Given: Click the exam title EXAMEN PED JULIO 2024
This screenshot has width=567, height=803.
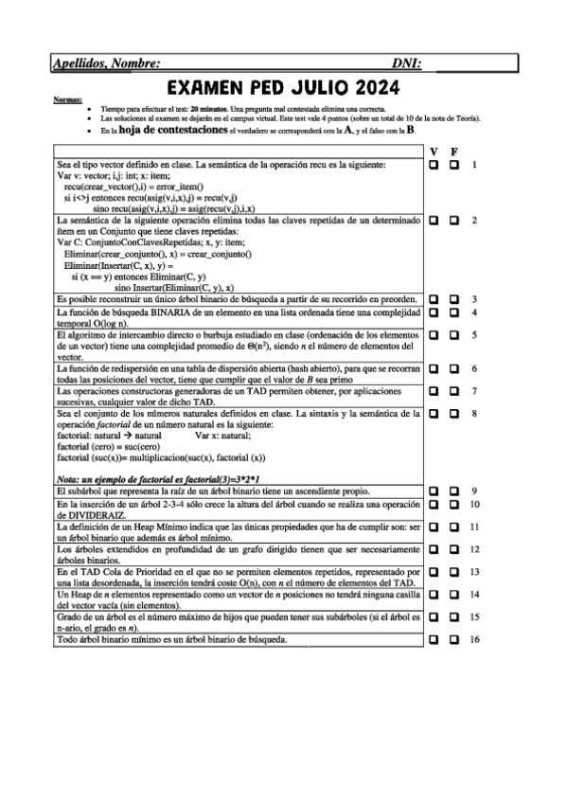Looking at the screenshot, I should (x=283, y=88).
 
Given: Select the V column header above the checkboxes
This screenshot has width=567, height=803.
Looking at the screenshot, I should (x=434, y=152).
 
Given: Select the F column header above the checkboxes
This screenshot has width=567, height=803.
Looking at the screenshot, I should (x=454, y=152).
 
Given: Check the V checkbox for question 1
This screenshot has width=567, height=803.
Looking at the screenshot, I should (x=434, y=166).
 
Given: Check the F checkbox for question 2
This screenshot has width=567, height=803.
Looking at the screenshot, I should (x=454, y=220).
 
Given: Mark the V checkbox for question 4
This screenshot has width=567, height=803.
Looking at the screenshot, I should (x=434, y=312).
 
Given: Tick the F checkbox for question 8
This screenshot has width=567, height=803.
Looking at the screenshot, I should (x=454, y=413).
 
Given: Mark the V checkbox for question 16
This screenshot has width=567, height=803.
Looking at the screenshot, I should (x=434, y=639).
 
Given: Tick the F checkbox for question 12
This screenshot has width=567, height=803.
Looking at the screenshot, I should (x=454, y=549).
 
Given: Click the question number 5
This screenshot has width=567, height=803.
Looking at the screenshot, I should (x=473, y=334).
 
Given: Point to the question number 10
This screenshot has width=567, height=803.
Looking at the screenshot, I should (x=475, y=505).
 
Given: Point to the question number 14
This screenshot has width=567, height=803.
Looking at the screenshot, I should (x=475, y=594).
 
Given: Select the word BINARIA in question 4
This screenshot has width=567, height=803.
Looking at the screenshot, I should (x=162, y=312).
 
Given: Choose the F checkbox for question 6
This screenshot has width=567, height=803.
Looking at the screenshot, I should (x=454, y=367).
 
